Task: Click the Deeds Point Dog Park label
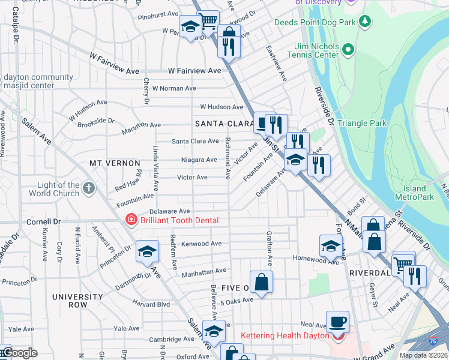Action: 315,22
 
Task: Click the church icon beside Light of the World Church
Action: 88,189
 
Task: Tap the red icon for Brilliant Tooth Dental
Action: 130,220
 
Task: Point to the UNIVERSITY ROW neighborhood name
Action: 78,301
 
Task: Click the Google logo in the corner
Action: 19,353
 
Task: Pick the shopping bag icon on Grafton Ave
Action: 262,282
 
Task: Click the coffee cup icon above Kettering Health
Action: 337,322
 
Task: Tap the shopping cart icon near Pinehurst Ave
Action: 208,22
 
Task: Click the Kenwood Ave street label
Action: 202,244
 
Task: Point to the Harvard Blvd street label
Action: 151,304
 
